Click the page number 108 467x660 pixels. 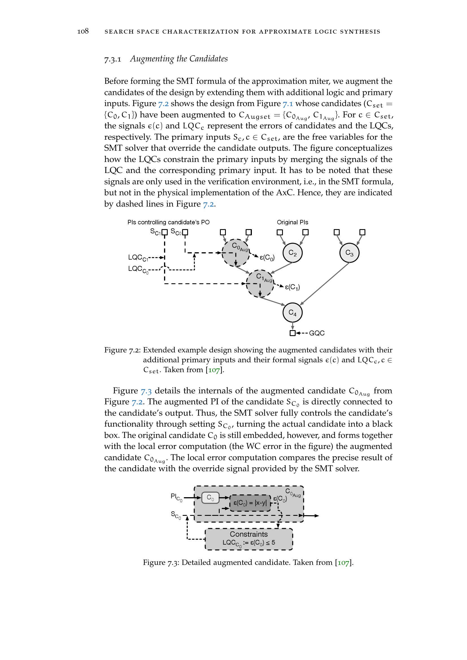83,31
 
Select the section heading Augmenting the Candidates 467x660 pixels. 178,59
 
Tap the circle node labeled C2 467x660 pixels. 293,253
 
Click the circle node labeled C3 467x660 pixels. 349,253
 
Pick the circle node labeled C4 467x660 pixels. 293,312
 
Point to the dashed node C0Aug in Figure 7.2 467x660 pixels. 236,253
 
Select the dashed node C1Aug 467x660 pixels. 260,283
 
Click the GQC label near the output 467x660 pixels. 317,333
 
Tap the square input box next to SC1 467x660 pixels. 165,232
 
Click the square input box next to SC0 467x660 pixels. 185,232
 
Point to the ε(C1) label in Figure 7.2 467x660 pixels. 292,287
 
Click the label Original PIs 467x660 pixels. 292,222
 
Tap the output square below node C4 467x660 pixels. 293,333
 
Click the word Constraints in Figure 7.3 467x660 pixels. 248,534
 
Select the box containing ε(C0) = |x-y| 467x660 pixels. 250,503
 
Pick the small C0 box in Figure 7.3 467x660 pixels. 210,497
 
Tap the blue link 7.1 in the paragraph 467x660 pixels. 287,104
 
